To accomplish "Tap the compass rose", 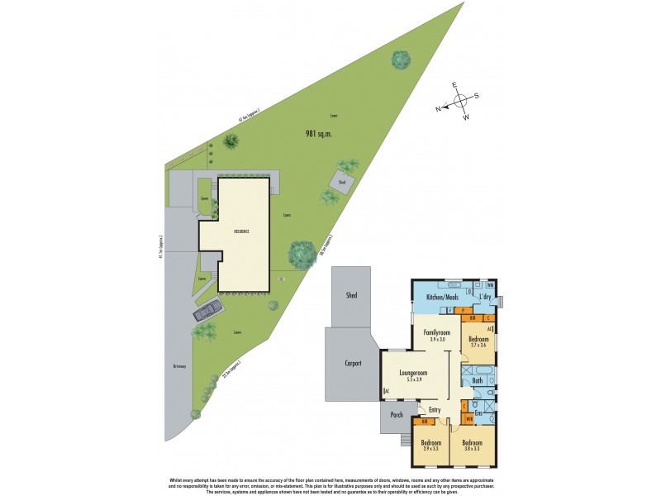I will (x=460, y=100).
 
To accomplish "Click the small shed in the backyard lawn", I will (x=342, y=180).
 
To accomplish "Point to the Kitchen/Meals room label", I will (x=441, y=297).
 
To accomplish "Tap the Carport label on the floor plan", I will (x=353, y=363).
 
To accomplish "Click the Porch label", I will (x=394, y=416).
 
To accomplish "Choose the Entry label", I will (x=435, y=409).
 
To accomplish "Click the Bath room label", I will (x=478, y=381).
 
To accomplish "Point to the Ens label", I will (x=478, y=413).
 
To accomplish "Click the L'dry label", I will (x=486, y=297).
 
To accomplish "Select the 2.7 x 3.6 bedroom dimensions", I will (x=479, y=346).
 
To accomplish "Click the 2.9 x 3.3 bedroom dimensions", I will (x=430, y=451).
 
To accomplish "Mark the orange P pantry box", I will (x=450, y=310).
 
